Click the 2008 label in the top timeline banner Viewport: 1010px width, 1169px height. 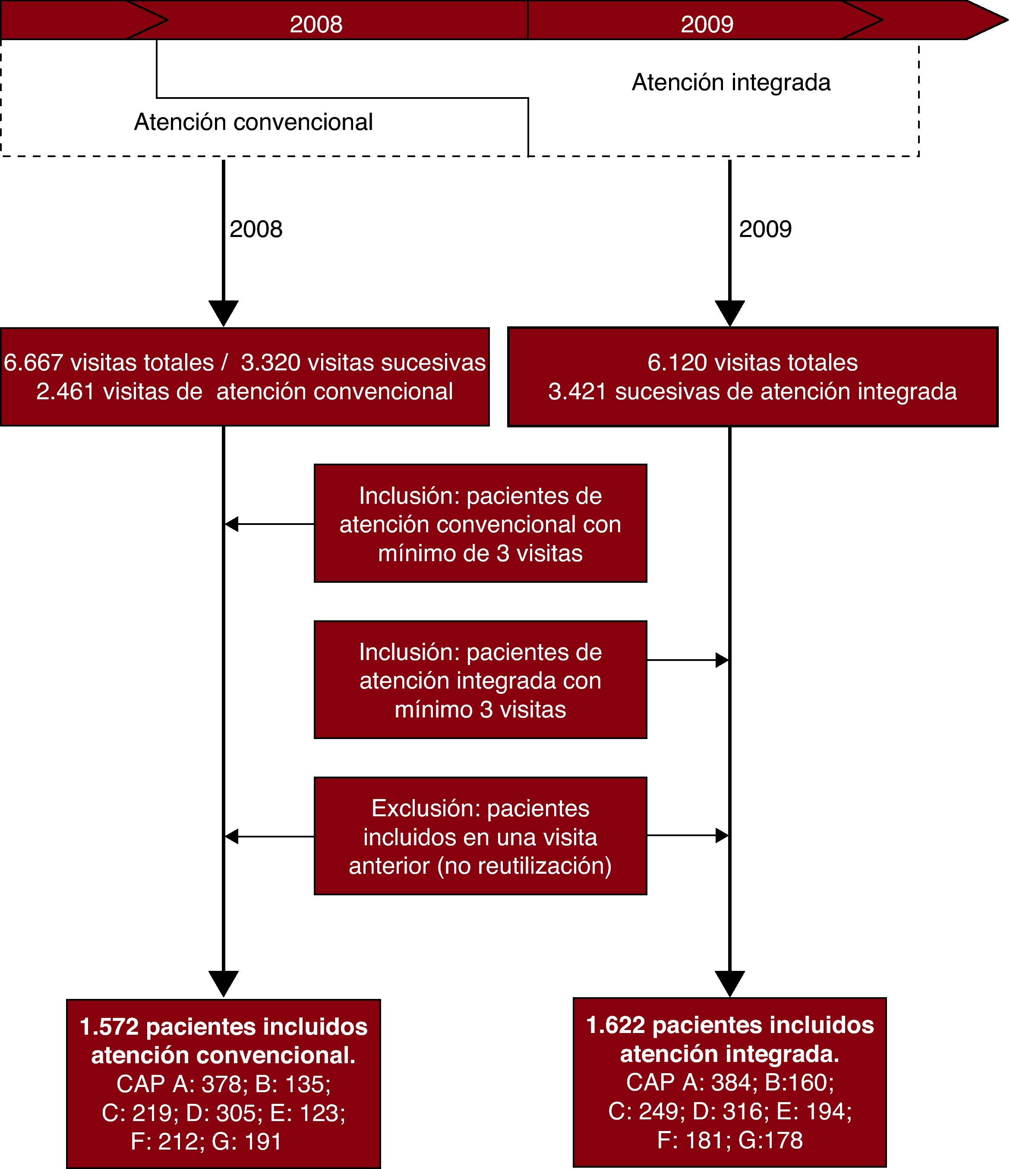pyautogui.click(x=316, y=24)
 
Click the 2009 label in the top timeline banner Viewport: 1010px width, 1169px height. pyautogui.click(x=707, y=24)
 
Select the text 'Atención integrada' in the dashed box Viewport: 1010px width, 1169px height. pyautogui.click(x=731, y=82)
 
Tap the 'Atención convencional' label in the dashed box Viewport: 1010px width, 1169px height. pyautogui.click(x=253, y=122)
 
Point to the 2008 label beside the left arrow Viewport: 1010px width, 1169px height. pyautogui.click(x=256, y=229)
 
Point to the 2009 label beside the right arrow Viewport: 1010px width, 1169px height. pyautogui.click(x=765, y=229)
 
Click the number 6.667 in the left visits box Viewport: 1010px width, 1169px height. pyautogui.click(x=33, y=362)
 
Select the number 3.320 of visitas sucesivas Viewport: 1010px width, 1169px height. pyautogui.click(x=270, y=362)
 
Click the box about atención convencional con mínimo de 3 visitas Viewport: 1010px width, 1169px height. pyautogui.click(x=480, y=524)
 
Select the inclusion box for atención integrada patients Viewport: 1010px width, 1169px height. pyautogui.click(x=480, y=680)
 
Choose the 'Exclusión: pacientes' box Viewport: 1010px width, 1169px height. pyautogui.click(x=480, y=836)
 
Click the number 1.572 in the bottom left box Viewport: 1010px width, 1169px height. pyautogui.click(x=109, y=1027)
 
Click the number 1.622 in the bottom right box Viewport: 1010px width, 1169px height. pyautogui.click(x=615, y=1025)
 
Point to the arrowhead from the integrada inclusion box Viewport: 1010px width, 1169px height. pyautogui.click(x=722, y=660)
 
